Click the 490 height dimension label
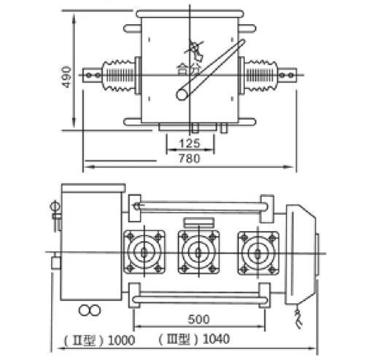pyautogui.click(x=66, y=77)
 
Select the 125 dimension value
pyautogui.click(x=189, y=144)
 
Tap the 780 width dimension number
pyautogui.click(x=189, y=158)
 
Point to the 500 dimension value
pyautogui.click(x=198, y=319)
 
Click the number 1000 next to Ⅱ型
pyautogui.click(x=121, y=340)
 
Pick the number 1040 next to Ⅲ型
pyautogui.click(x=216, y=339)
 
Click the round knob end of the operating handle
pyautogui.click(x=182, y=94)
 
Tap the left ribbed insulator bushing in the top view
pyautogui.click(x=119, y=75)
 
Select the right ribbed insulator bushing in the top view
pyautogui.click(x=261, y=75)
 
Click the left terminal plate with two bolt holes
pyautogui.click(x=92, y=75)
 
